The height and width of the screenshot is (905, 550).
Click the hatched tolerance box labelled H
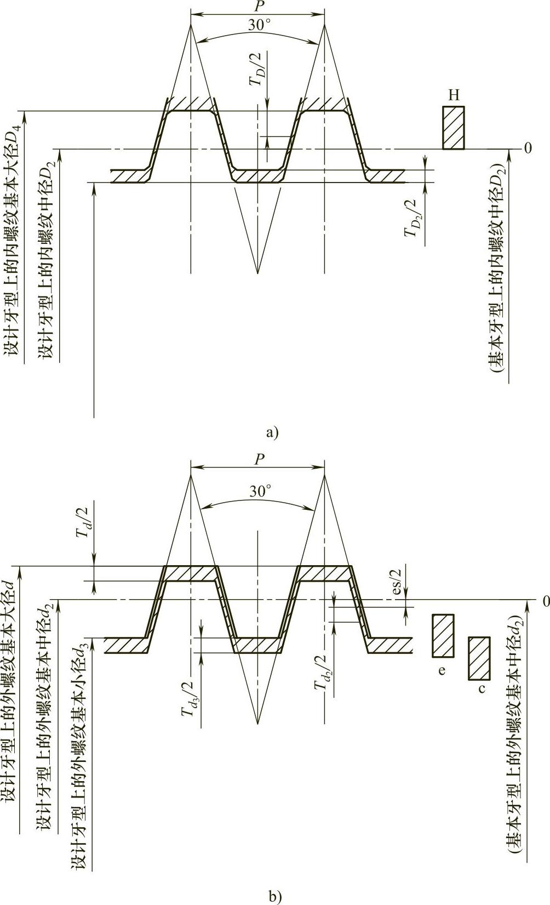pos(454,128)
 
